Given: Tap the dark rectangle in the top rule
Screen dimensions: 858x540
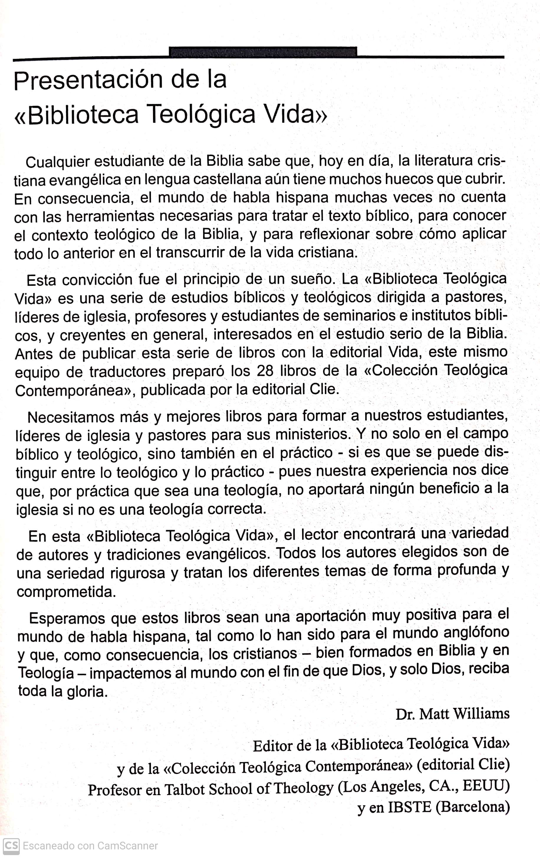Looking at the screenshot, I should [x=263, y=52].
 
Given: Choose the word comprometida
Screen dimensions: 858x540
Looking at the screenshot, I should [x=66, y=592].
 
